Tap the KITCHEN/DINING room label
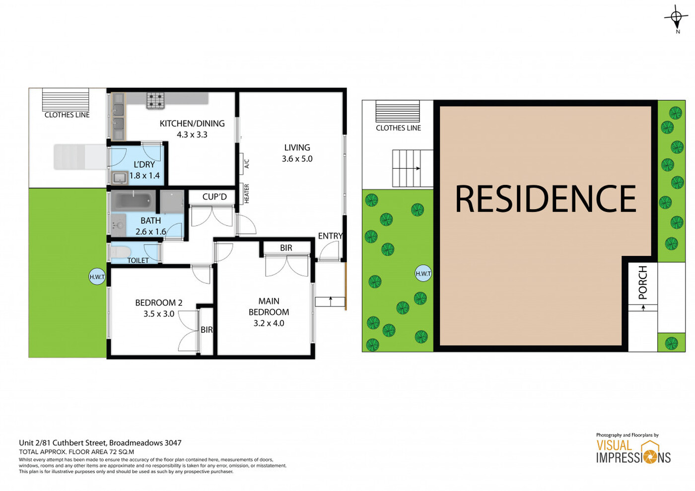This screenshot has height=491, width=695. click(192, 123)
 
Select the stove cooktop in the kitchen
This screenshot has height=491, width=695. click(155, 100)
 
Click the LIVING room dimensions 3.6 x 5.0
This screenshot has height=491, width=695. click(297, 159)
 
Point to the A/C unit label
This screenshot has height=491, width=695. click(247, 164)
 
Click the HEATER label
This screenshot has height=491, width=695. click(247, 193)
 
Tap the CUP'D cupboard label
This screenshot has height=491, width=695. click(214, 197)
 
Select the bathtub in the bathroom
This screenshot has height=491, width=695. click(134, 201)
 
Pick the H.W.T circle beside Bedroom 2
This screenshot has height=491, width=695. click(97, 277)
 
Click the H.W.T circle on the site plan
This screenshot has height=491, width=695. click(423, 273)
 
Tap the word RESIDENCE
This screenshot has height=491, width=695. click(546, 199)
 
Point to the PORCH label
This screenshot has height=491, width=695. click(643, 282)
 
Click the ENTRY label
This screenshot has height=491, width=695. click(331, 236)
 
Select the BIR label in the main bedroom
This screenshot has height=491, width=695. click(286, 247)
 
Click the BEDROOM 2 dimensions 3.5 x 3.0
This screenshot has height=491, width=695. click(158, 314)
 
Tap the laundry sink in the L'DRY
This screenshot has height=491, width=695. click(120, 178)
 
